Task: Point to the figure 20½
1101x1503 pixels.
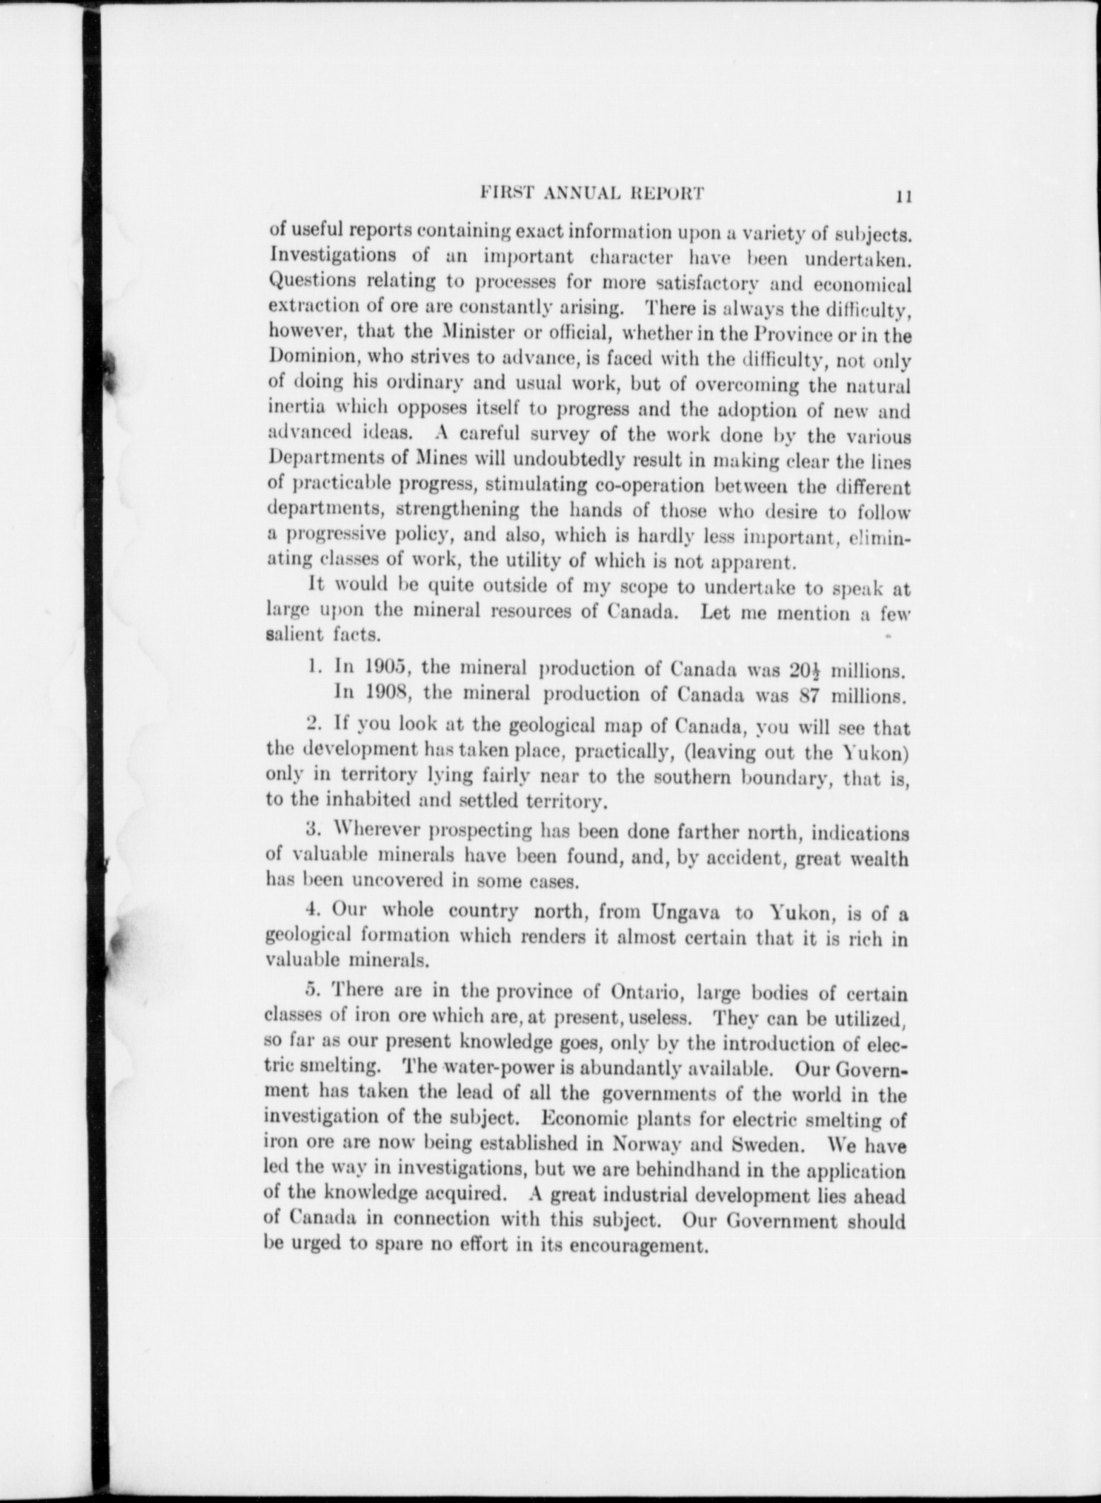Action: pos(798,667)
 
